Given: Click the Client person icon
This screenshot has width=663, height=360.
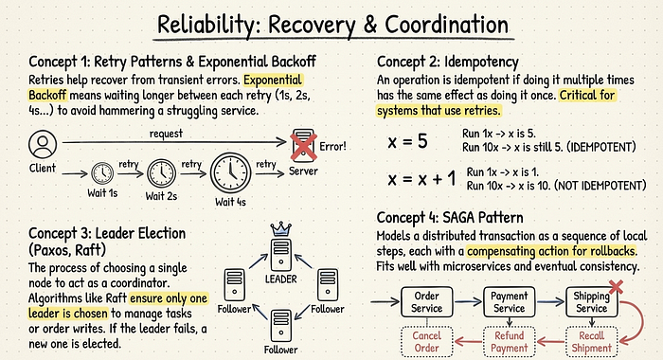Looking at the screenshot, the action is (x=43, y=144).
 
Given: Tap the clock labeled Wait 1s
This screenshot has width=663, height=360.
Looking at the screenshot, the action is (x=102, y=173).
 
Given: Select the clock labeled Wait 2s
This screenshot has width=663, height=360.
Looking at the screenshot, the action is (x=162, y=173).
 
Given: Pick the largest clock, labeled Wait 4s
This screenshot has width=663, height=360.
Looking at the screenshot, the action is (x=230, y=173).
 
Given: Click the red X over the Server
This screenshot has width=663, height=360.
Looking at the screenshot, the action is (x=304, y=146).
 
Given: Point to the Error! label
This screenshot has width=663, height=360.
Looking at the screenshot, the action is (x=332, y=147).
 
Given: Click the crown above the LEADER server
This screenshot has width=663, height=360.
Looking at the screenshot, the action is (x=280, y=229).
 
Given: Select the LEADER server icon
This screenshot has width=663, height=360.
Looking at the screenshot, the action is (x=280, y=255).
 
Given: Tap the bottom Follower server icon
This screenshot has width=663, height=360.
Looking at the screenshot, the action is (x=280, y=325).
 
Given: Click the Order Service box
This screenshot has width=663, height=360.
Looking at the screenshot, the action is (x=426, y=302).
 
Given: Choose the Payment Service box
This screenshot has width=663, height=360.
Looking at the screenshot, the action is (x=510, y=302).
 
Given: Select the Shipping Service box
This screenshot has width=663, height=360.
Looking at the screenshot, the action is (x=592, y=302).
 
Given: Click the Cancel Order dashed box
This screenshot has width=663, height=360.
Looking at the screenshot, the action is (x=426, y=342).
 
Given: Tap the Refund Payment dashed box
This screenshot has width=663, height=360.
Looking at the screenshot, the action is (x=510, y=342).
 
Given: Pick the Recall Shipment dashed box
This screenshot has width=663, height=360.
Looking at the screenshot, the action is (x=592, y=342).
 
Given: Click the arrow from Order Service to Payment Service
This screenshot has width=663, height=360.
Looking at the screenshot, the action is (x=468, y=301).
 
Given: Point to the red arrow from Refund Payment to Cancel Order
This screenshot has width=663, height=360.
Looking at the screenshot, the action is (x=468, y=341).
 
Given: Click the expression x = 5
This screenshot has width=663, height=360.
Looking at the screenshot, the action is (x=407, y=141).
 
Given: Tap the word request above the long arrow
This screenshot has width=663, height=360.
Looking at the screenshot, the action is (x=166, y=134).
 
